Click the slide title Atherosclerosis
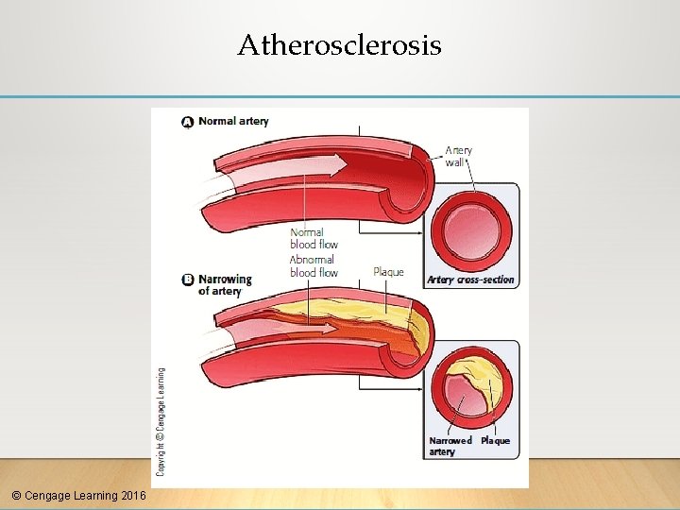click(339, 44)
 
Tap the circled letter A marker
click(188, 122)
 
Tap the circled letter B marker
click(188, 280)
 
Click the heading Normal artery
click(233, 121)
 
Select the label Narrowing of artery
click(225, 284)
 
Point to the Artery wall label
click(458, 156)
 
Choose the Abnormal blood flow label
click(314, 266)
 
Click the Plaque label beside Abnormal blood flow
click(388, 272)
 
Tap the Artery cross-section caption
click(470, 280)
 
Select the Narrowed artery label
click(450, 446)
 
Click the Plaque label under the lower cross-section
click(495, 441)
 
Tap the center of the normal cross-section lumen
click(470, 231)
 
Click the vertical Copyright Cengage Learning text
click(161, 420)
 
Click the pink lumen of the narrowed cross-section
click(461, 397)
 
